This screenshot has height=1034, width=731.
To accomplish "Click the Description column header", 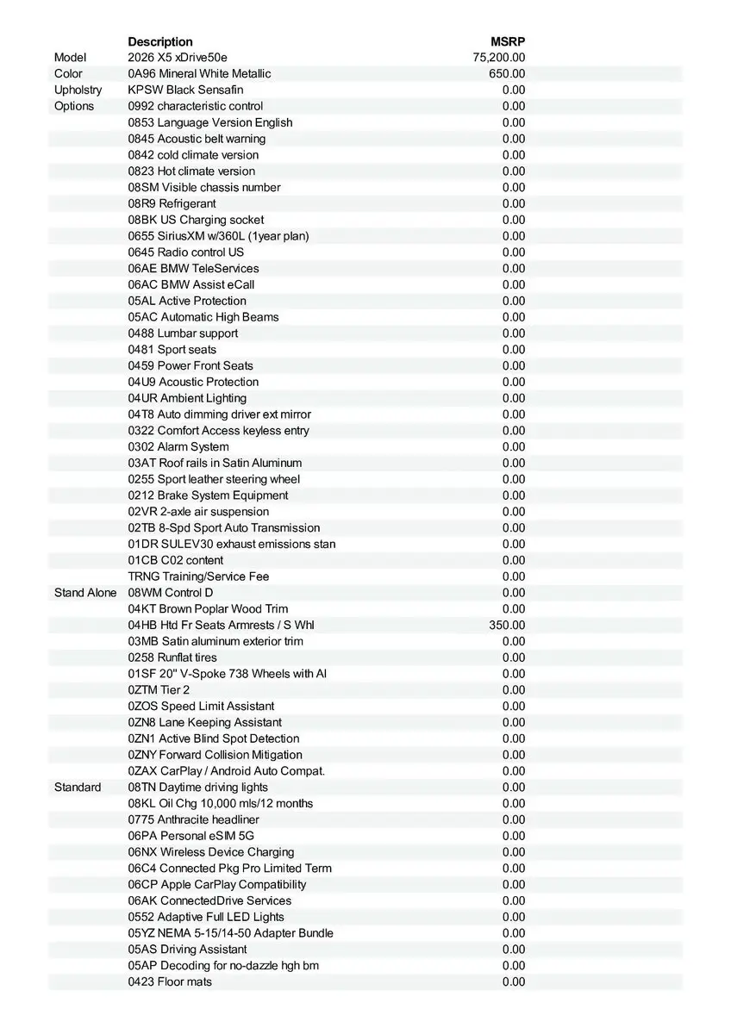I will click(160, 41).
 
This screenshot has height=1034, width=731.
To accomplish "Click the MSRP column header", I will click(508, 41).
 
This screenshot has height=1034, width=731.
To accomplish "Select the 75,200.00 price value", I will click(499, 58).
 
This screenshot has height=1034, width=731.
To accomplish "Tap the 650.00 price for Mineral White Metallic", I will click(507, 74).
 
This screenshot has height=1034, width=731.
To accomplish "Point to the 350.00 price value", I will click(507, 626).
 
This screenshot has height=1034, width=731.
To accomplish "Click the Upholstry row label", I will click(78, 90).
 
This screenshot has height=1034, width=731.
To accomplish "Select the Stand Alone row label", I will click(85, 593).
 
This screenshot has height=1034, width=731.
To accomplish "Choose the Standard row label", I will click(78, 788).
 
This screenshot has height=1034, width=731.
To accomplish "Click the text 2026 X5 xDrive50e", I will click(178, 58).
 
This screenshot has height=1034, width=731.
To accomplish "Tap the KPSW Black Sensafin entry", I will click(185, 90).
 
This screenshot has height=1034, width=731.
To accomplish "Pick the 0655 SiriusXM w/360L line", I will click(218, 236).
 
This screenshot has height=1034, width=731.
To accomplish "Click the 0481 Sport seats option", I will click(172, 350).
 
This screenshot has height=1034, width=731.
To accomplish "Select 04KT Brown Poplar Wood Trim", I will click(208, 609).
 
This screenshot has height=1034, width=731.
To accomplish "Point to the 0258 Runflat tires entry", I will click(172, 657).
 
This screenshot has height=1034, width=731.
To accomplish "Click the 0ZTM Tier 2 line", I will click(159, 690).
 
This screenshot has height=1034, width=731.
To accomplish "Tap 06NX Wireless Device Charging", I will click(211, 852).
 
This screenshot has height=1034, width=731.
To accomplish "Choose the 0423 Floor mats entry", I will click(170, 982).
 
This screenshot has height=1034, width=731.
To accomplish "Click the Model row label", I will click(71, 58).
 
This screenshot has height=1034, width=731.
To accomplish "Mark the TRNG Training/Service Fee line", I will click(198, 576).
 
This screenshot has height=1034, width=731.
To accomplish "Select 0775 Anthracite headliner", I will click(193, 819).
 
